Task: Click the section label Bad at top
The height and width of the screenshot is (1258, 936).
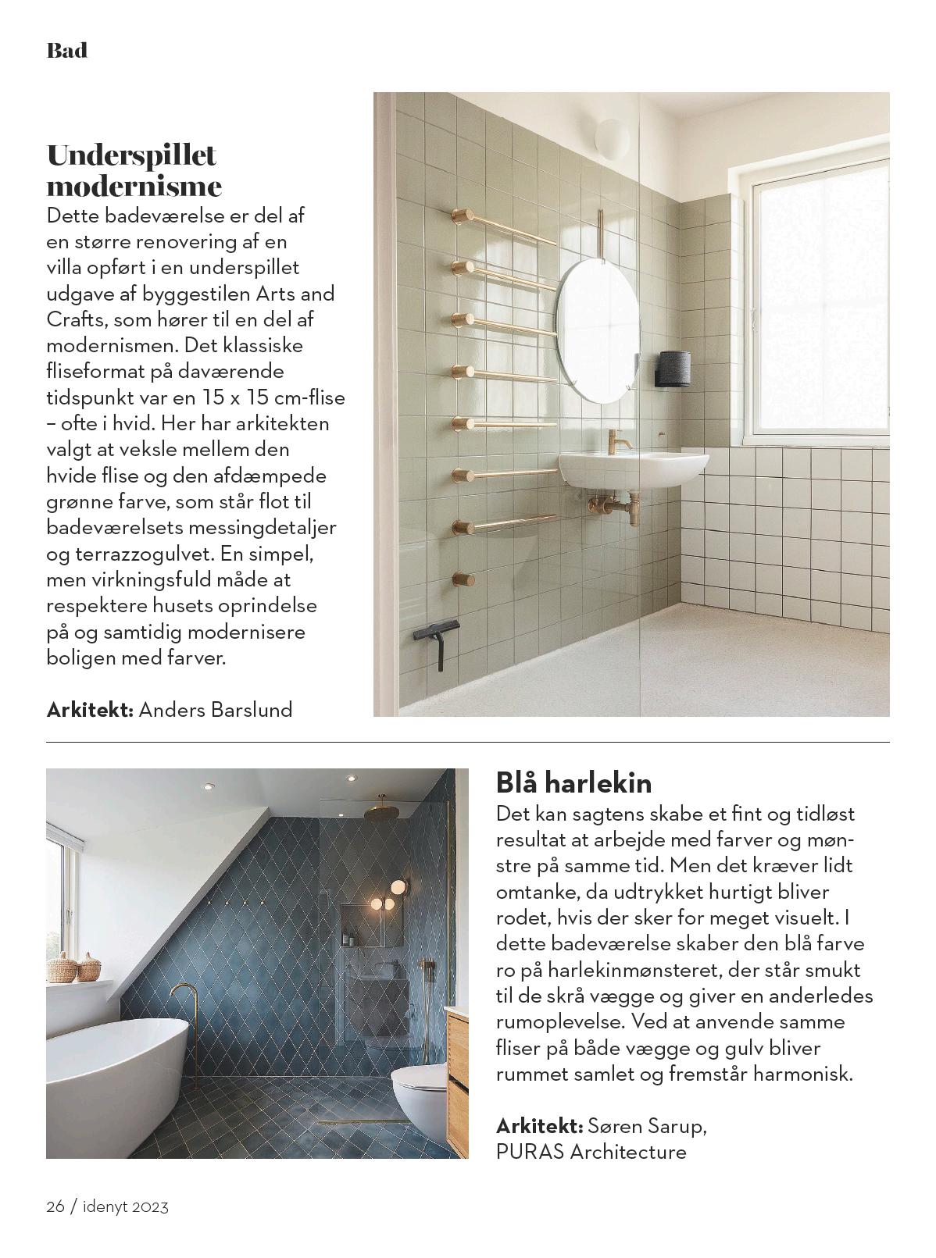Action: [67, 52]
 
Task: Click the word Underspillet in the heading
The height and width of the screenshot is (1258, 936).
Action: [131, 155]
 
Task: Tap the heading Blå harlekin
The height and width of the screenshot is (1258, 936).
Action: [573, 782]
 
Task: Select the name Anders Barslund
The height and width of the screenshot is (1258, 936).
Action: [215, 710]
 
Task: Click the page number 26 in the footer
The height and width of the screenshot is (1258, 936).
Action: [55, 1206]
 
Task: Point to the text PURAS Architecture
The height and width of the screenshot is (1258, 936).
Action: [591, 1152]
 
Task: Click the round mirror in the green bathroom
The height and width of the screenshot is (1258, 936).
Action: [595, 332]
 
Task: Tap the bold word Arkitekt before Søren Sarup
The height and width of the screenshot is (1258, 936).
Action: [539, 1126]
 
